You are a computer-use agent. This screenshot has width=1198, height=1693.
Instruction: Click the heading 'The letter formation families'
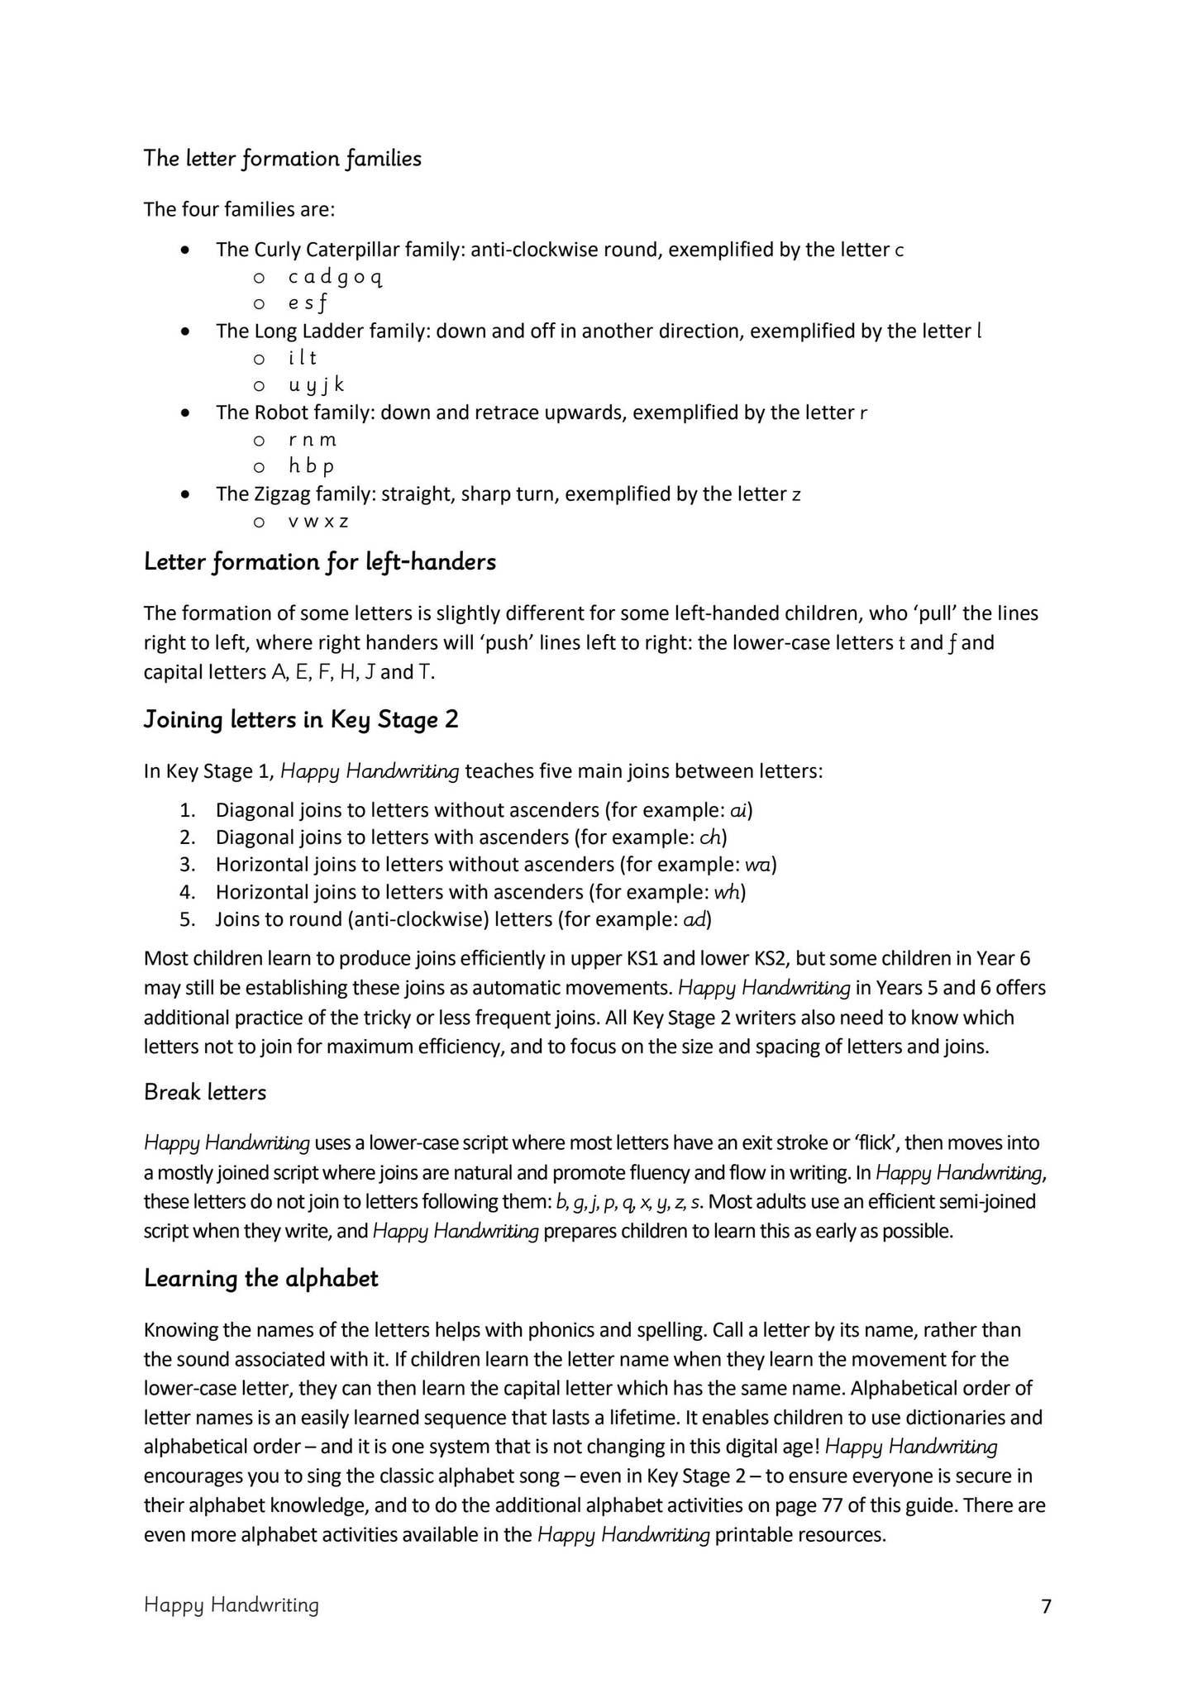click(282, 158)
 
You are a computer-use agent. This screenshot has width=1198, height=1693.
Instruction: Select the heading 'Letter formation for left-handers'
click(319, 562)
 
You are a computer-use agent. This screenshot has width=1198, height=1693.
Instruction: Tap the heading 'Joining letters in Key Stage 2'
click(301, 719)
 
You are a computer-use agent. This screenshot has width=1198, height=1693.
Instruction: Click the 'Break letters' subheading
click(205, 1092)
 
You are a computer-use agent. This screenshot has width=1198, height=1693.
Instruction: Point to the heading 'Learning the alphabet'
click(260, 1278)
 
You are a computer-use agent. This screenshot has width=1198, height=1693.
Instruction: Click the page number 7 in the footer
click(1046, 1605)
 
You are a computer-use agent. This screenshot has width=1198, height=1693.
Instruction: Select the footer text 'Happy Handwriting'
click(231, 1605)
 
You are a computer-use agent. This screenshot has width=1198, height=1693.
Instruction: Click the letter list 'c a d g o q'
click(335, 277)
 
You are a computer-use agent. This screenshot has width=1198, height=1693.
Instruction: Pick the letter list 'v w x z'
click(318, 522)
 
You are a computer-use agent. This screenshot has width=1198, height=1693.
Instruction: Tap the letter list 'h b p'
click(312, 466)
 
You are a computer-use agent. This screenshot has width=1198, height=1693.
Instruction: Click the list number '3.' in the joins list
click(187, 865)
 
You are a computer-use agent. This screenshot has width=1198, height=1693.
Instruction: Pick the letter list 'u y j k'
click(316, 385)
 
